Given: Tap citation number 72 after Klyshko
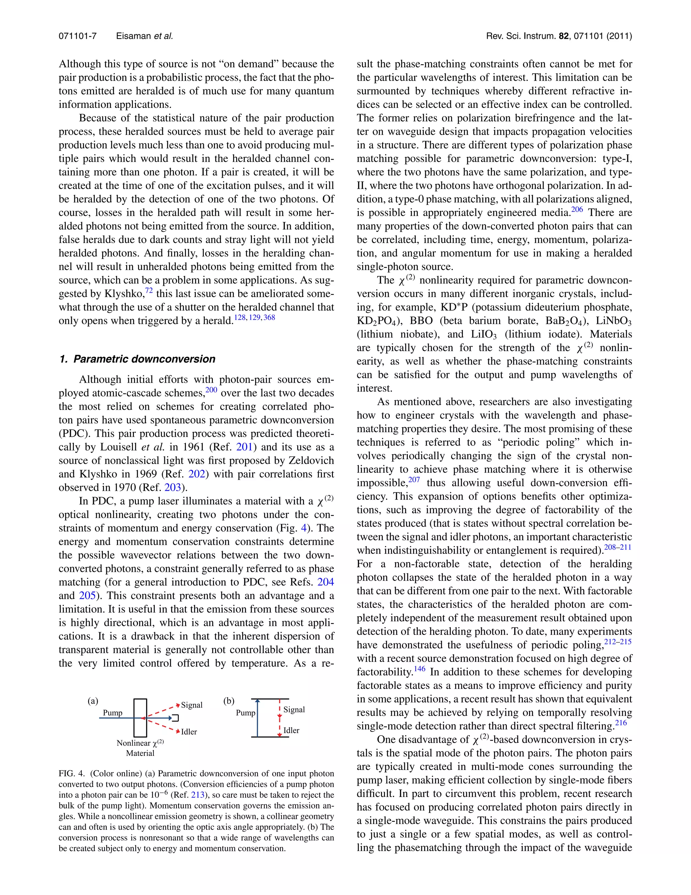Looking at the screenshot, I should pos(149,290).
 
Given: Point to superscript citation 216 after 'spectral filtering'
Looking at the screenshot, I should pos(621,722).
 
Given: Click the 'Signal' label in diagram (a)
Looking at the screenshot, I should pos(192,705).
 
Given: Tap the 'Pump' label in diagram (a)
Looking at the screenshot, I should pos(113,712).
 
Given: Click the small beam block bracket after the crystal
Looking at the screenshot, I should pos(175,718).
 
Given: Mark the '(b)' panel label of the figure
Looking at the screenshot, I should pos(229,701).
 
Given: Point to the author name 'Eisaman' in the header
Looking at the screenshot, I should pos(134,36).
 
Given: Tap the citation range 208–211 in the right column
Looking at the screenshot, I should pos(618,547).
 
